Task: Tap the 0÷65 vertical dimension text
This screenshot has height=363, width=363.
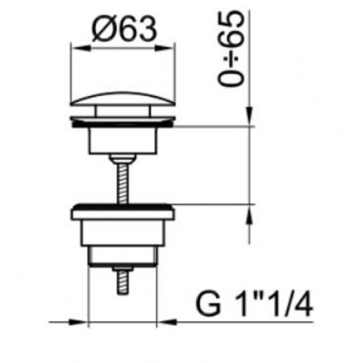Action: point(231,48)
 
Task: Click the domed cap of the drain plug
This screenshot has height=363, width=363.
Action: point(123,98)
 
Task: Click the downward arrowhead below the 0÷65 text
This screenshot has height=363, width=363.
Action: point(250,115)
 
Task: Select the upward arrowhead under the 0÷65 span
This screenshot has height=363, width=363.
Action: point(250,215)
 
